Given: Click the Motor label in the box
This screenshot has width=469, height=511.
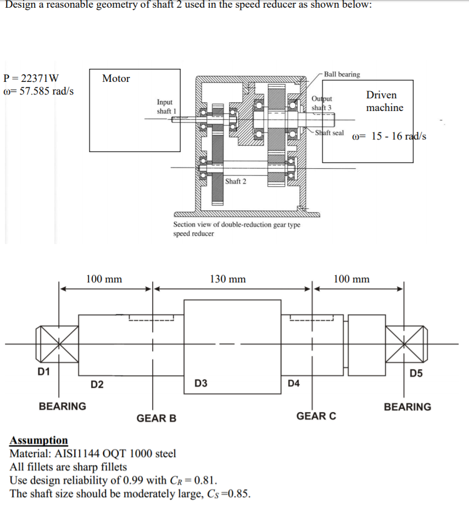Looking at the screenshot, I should click(116, 79).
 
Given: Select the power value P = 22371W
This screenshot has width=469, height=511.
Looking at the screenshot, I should click(32, 79).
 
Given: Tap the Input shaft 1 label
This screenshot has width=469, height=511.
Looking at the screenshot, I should click(164, 107).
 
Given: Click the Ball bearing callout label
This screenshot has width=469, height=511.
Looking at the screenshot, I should click(342, 74).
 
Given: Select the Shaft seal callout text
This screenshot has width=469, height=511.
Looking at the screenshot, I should click(329, 133).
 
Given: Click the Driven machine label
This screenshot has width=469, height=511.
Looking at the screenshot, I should click(384, 102).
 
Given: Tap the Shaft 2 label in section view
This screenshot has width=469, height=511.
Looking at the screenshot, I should click(236, 181).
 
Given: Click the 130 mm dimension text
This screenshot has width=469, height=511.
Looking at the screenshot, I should click(228, 280).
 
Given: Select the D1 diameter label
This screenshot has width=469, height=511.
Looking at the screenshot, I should click(44, 372).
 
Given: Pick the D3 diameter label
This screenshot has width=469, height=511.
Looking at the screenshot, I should click(201, 383).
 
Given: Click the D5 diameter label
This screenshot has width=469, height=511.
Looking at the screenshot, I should click(416, 374).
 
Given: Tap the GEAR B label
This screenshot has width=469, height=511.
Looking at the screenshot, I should click(157, 419).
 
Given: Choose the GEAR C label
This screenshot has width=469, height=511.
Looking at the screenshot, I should click(316, 416).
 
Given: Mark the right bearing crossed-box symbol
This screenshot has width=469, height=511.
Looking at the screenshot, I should click(406, 344).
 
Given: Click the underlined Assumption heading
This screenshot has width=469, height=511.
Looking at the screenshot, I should click(39, 441).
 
